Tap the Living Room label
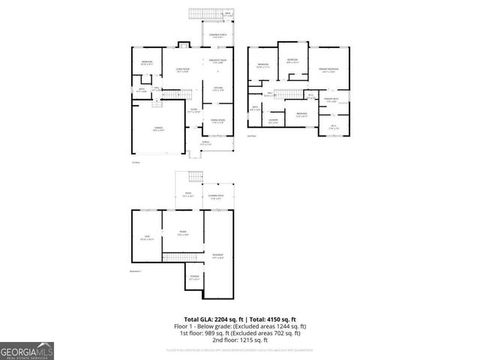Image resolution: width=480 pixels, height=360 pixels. (181, 70)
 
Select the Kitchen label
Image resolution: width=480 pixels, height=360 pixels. (218, 89)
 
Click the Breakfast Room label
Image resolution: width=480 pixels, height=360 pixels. (217, 61)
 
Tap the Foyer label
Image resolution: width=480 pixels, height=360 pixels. (193, 109)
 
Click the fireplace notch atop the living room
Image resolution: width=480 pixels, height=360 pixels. (180, 44)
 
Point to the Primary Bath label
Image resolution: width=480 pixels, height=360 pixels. (331, 100)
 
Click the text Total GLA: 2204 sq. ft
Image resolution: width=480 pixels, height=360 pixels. (212, 319)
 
